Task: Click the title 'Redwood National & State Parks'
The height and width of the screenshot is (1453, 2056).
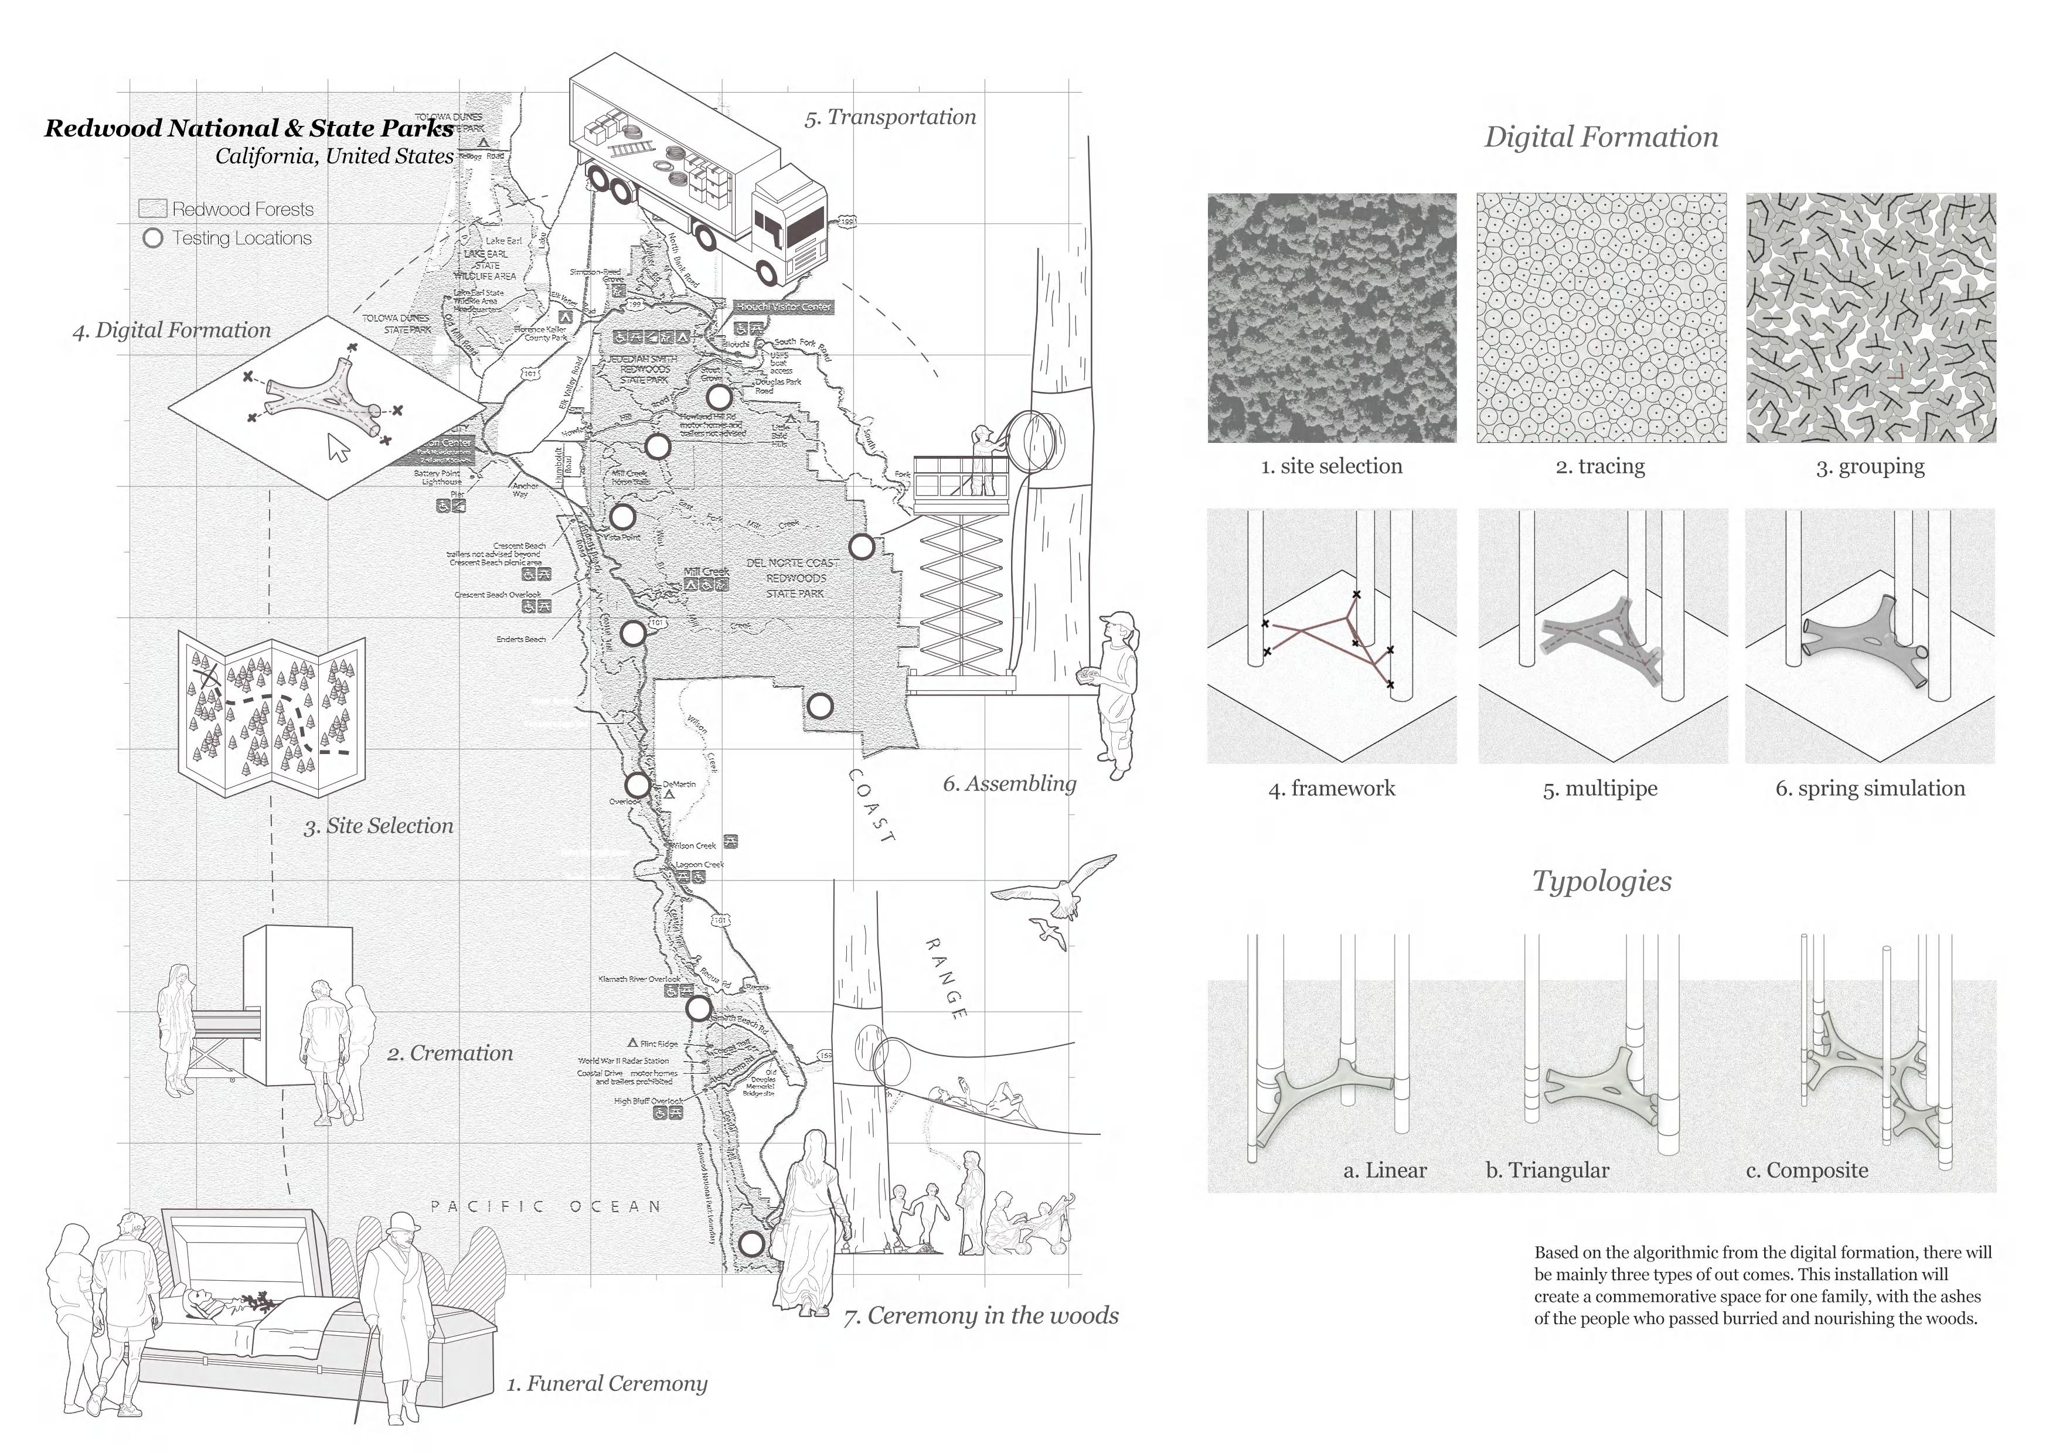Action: pyautogui.click(x=249, y=128)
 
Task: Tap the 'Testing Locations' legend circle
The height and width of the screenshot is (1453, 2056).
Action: pyautogui.click(x=153, y=238)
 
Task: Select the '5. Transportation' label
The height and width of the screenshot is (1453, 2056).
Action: pyautogui.click(x=890, y=117)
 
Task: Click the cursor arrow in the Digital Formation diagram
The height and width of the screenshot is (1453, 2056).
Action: pyautogui.click(x=339, y=448)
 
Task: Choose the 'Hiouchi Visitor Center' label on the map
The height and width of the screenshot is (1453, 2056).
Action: pyautogui.click(x=784, y=307)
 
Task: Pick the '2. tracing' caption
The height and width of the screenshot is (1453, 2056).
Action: pyautogui.click(x=1600, y=466)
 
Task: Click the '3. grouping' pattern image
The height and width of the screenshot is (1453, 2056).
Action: pyautogui.click(x=1871, y=318)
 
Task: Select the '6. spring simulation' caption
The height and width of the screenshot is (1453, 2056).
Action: pyautogui.click(x=1870, y=789)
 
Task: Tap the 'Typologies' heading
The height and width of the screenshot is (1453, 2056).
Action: pyautogui.click(x=1601, y=881)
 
